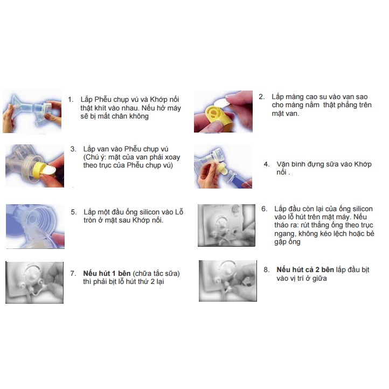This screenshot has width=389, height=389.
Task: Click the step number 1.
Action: (71, 100)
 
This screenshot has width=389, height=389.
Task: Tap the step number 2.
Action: (262, 97)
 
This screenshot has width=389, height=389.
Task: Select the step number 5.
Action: (74, 212)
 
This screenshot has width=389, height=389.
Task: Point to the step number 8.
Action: (267, 270)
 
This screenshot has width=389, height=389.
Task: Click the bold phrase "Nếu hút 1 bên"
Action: (107, 273)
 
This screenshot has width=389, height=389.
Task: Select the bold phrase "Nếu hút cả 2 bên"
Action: (305, 270)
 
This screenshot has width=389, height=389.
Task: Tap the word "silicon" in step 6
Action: (363, 209)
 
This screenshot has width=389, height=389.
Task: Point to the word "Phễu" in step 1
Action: (104, 100)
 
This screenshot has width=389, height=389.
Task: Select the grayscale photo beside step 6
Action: (226, 225)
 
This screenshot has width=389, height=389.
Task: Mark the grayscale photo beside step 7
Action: (34, 282)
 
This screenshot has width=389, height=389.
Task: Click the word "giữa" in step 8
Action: (319, 279)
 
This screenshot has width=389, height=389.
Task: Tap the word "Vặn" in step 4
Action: (283, 164)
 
